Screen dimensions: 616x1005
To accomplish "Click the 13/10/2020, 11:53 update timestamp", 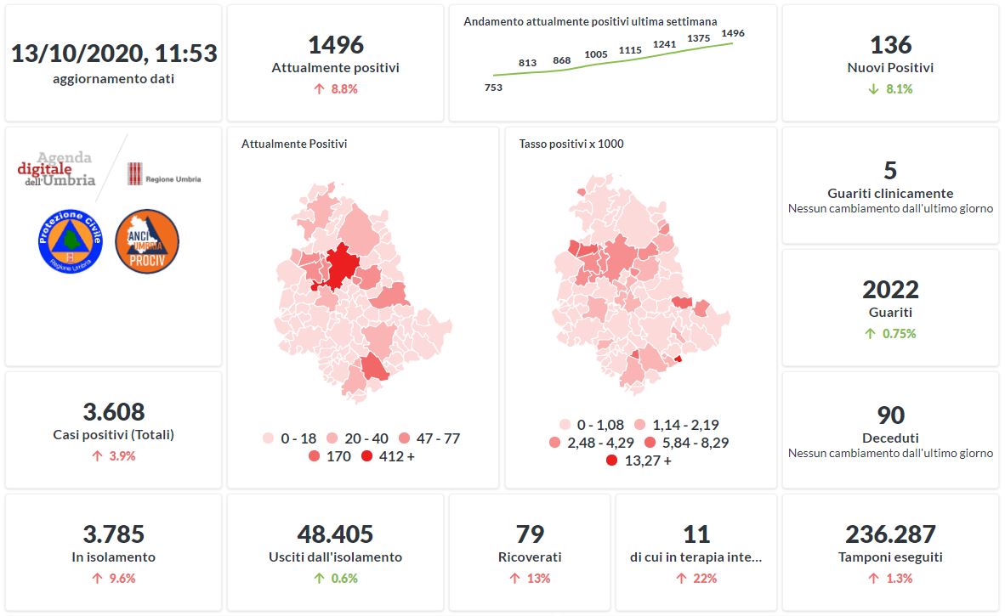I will [114, 54].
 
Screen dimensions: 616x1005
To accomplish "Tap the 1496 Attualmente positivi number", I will [335, 44].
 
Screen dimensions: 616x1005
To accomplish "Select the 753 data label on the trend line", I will [493, 88].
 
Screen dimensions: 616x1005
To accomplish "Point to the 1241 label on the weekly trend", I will [664, 44].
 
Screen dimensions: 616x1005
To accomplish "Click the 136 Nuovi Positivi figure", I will [890, 44].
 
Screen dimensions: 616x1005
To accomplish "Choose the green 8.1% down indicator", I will [890, 88].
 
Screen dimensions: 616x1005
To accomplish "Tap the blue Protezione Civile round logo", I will [70, 241].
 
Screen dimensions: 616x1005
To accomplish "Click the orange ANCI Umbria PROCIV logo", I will [146, 241].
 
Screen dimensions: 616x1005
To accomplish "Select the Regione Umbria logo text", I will [173, 179].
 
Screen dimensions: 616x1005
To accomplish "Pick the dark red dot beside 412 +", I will [366, 457].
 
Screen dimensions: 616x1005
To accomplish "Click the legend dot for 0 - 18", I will [268, 438].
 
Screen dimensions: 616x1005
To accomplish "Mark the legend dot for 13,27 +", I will [611, 461].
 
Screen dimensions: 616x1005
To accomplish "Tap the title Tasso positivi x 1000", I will [571, 144].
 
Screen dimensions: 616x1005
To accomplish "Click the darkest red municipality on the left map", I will [341, 265].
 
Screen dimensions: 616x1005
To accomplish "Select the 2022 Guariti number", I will [890, 290].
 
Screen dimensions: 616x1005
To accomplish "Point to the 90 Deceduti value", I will [890, 415].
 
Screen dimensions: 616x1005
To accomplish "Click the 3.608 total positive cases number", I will [114, 412].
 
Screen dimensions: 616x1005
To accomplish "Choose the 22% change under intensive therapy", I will [697, 579].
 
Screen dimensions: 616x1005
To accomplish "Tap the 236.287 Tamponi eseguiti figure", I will [890, 534].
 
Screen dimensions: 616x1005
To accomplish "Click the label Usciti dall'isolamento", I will [335, 557].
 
